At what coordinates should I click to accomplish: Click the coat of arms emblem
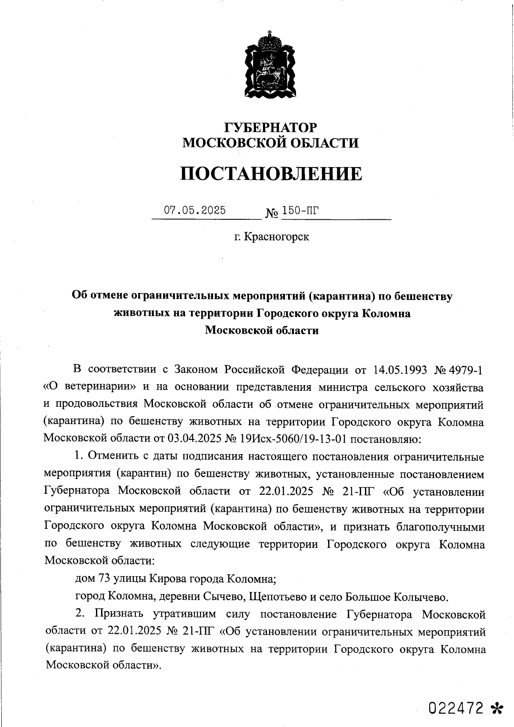[x=270, y=65]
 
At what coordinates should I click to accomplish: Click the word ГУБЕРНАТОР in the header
[x=271, y=127]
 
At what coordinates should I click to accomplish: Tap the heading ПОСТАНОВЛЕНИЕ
[x=271, y=174]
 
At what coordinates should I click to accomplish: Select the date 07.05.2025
[x=195, y=210]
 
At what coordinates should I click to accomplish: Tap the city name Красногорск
[x=276, y=236]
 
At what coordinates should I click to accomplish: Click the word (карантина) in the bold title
[x=342, y=296]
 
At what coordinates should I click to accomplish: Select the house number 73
[x=105, y=579]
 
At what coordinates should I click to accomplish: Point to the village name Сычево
[x=224, y=596]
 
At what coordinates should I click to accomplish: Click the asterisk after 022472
[x=496, y=709]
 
